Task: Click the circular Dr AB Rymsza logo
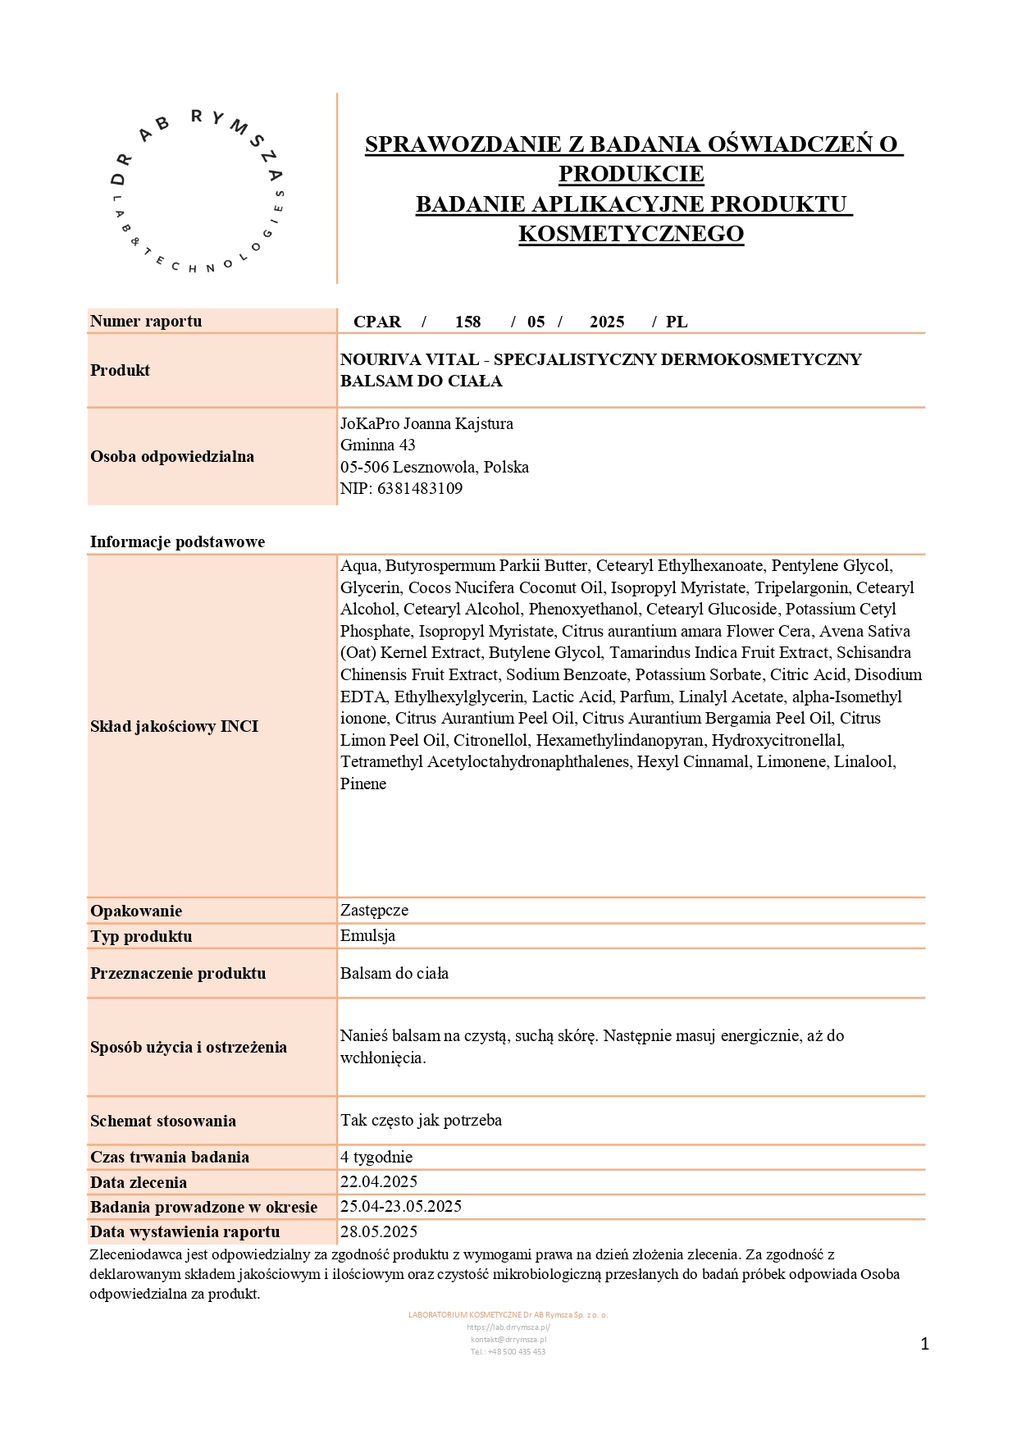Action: tap(198, 191)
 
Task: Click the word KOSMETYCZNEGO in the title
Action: tap(631, 234)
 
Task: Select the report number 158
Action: tap(467, 322)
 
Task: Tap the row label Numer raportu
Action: tap(146, 321)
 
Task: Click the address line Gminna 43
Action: tap(377, 445)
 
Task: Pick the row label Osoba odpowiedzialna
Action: tap(172, 456)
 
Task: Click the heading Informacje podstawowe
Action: tap(177, 541)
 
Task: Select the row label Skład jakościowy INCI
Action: tap(174, 726)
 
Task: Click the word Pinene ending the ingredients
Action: tap(363, 783)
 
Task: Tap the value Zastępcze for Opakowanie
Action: tap(374, 910)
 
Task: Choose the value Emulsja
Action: tap(367, 935)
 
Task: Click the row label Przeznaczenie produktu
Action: tap(178, 973)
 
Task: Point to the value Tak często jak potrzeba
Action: tap(421, 1120)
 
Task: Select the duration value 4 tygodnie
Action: tap(376, 1157)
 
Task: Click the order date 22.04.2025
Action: tap(379, 1181)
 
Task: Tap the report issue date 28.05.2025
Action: tap(379, 1231)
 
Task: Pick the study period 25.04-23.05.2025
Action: tap(401, 1206)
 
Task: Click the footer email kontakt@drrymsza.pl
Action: tap(508, 1340)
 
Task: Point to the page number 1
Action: tap(925, 1344)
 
